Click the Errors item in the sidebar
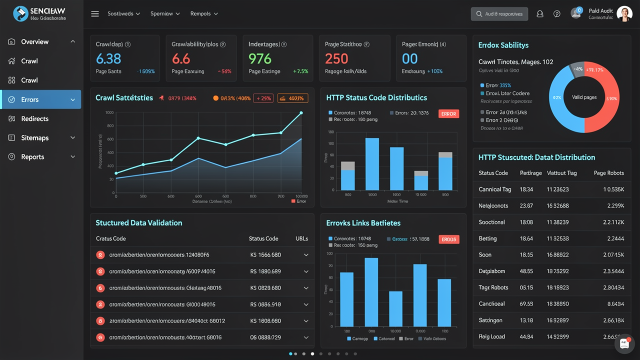coord(30,99)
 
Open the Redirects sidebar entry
coord(34,118)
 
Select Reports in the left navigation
coord(32,156)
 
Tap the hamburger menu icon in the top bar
coord(95,14)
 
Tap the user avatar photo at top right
coord(624,14)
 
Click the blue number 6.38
coord(108,59)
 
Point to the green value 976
coord(260,59)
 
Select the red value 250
coord(336,59)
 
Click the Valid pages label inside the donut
coord(584,97)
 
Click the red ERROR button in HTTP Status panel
coord(448,114)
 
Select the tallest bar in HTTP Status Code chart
coord(372,164)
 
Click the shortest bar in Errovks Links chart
coord(395,308)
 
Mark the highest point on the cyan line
coord(301,113)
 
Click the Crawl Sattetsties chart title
coord(124,98)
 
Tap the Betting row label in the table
coord(487,238)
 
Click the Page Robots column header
coord(608,173)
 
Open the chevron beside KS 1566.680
coord(306,255)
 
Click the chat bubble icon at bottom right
coord(624,343)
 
